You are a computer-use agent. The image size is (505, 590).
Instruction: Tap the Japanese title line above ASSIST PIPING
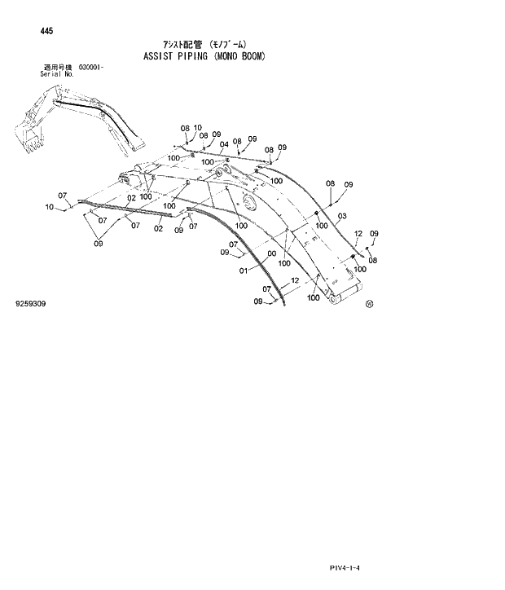point(204,44)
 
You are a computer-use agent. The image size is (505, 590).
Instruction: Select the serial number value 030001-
point(91,67)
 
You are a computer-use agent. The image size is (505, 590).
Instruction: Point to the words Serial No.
point(57,73)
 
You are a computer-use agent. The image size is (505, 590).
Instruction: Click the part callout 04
point(223,144)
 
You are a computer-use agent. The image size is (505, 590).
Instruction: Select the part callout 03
point(341,216)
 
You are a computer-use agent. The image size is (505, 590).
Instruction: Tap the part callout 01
point(243,271)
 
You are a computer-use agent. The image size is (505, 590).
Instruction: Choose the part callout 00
point(270,253)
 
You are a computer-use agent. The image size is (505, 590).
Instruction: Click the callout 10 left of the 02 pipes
point(50,207)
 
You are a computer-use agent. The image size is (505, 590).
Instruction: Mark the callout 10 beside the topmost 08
point(197,128)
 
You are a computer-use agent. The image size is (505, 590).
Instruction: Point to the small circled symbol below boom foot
point(369,304)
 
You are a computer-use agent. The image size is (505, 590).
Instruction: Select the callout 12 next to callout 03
point(358,233)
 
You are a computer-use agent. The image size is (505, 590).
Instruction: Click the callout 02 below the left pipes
point(159,228)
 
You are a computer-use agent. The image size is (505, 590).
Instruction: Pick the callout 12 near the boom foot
point(295,280)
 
